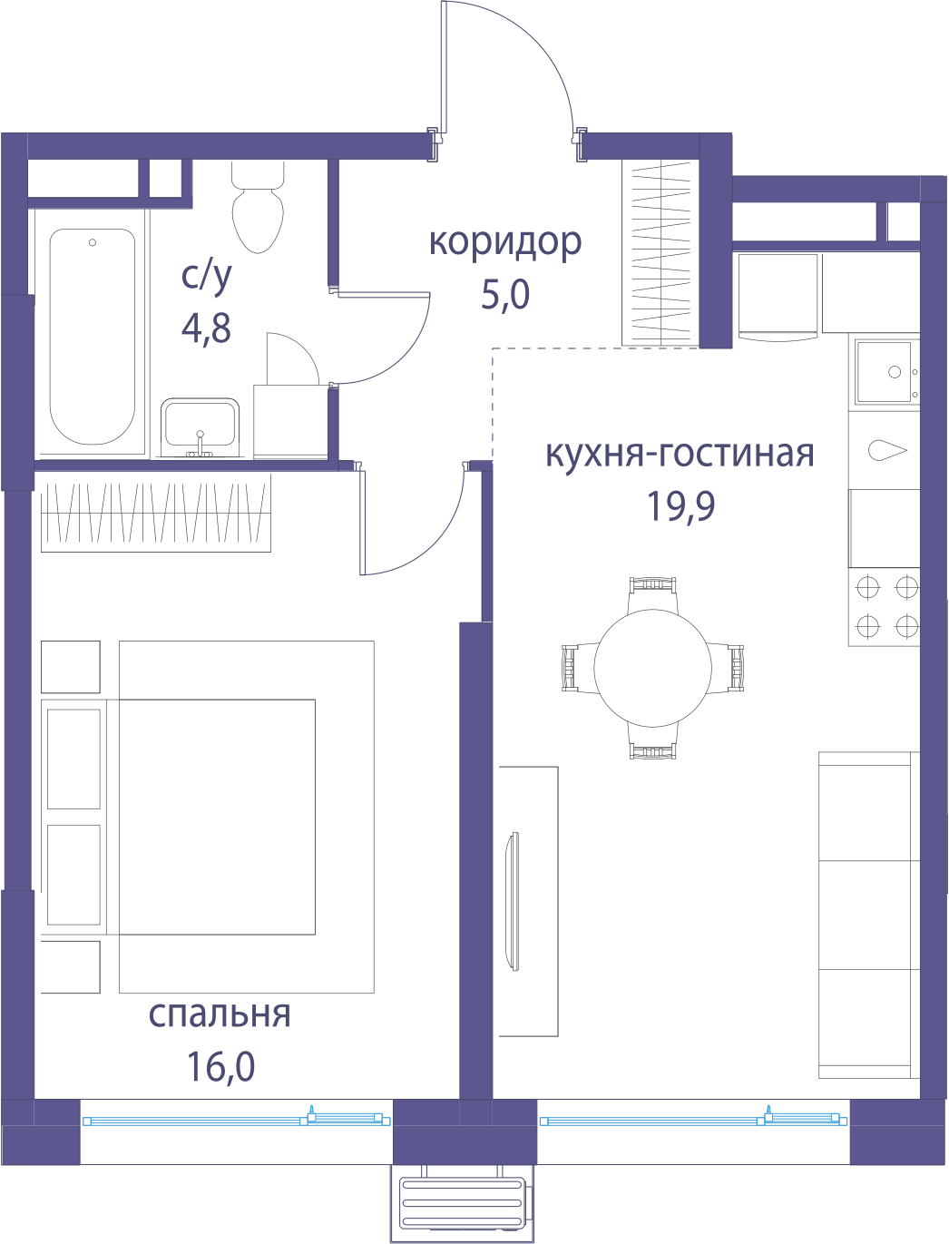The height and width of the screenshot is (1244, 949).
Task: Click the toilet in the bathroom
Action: point(258,207)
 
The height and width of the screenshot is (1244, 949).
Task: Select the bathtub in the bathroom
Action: point(93,337)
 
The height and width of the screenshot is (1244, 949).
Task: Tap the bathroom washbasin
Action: point(200,427)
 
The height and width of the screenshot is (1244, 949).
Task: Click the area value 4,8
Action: point(206,328)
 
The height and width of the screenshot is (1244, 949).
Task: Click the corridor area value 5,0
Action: point(505,295)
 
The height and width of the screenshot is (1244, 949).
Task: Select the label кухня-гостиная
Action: point(680,454)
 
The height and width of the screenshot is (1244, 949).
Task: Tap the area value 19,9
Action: point(681,505)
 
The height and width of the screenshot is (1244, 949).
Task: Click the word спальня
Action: point(220,1014)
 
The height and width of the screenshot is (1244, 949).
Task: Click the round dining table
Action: point(652,668)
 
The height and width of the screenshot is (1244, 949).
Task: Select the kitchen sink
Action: point(887,371)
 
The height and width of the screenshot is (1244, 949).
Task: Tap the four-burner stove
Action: point(884,607)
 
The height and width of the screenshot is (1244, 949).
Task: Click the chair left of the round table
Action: point(578,668)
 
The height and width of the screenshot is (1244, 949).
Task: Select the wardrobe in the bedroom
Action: point(156,513)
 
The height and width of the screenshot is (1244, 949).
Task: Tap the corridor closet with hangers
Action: point(660,253)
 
